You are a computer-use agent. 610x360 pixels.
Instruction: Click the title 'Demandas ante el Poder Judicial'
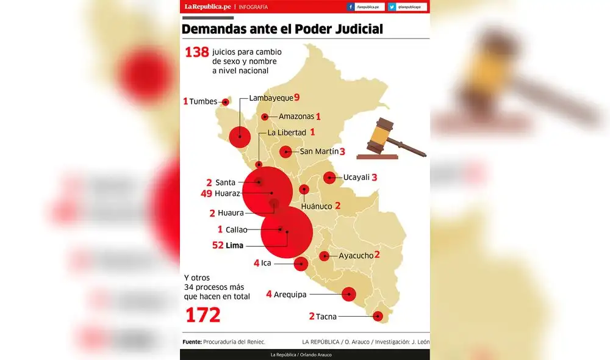pyautogui.click(x=282, y=29)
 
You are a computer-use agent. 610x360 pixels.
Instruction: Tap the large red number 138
pyautogui.click(x=196, y=52)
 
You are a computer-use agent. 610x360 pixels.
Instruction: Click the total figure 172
pyautogui.click(x=203, y=315)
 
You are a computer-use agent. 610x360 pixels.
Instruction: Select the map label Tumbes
pyautogui.click(x=203, y=101)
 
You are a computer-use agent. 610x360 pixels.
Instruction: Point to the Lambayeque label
pyautogui.click(x=271, y=98)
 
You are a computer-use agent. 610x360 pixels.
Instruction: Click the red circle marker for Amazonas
pyautogui.click(x=265, y=117)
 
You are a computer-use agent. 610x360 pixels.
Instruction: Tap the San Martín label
pyautogui.click(x=318, y=152)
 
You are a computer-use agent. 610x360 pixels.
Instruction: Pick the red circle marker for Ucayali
pyautogui.click(x=329, y=178)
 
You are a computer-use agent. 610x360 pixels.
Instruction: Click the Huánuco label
pyautogui.click(x=317, y=206)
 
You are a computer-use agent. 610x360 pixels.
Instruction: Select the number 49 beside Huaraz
pyautogui.click(x=206, y=193)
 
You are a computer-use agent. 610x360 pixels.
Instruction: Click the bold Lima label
pyautogui.click(x=234, y=246)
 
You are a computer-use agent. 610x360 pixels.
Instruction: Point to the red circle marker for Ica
pyautogui.click(x=301, y=264)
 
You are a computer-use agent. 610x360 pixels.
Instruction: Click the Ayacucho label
pyautogui.click(x=356, y=256)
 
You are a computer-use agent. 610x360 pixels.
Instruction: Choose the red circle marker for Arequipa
pyautogui.click(x=349, y=294)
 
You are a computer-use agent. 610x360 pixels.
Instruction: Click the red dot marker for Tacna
pyautogui.click(x=378, y=315)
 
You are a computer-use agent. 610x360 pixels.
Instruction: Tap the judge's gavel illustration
pyautogui.click(x=390, y=139)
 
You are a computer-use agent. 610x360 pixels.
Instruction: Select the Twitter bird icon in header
pyautogui.click(x=392, y=7)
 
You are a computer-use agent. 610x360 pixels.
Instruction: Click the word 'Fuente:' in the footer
pyautogui.click(x=192, y=342)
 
